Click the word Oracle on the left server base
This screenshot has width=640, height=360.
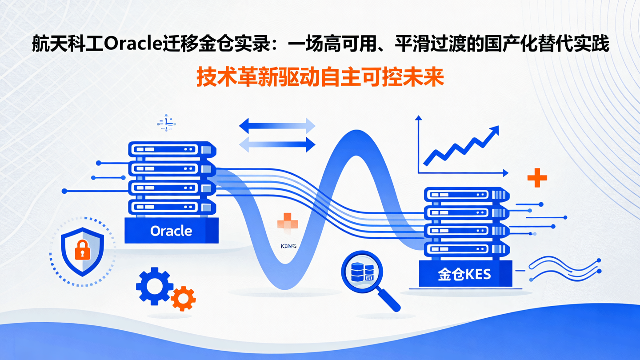tap(171, 231)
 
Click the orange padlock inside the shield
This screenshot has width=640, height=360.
tap(82, 250)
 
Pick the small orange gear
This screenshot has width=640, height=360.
tap(183, 299)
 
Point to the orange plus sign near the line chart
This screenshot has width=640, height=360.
tap(537, 178)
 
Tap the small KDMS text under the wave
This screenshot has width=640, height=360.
tap(289, 246)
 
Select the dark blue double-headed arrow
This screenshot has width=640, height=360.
tap(277, 126)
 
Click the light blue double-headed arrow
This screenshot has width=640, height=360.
tap(277, 144)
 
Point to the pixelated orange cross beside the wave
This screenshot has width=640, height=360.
tap(287, 222)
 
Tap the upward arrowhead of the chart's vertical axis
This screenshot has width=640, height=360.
tap(418, 118)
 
